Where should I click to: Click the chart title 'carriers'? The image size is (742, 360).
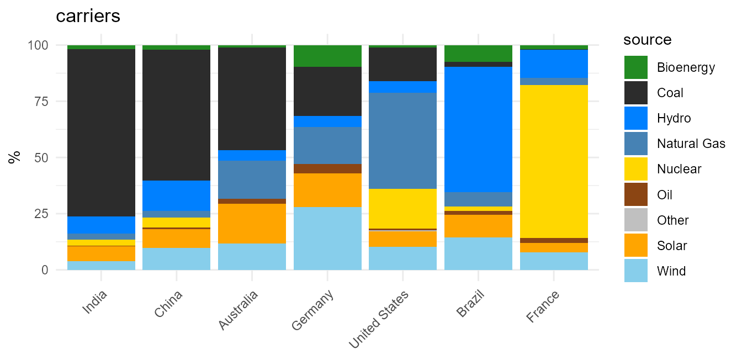[88, 16]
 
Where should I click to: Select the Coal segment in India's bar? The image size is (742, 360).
[101, 133]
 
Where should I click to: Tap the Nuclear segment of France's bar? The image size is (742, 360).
[554, 161]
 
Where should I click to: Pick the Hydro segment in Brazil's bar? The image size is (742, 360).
[478, 130]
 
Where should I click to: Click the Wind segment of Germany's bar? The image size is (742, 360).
[327, 239]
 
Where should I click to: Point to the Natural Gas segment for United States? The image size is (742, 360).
[403, 141]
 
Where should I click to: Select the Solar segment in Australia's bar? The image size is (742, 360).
[252, 224]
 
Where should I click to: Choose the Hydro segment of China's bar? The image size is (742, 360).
[177, 195]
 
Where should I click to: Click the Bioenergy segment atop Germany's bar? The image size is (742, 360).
[327, 56]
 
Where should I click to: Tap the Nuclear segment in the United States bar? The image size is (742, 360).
[403, 209]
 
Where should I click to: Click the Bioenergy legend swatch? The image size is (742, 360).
[635, 67]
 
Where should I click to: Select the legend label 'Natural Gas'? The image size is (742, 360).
[691, 144]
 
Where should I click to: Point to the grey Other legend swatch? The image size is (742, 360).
[635, 220]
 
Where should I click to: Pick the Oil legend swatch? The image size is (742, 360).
[635, 194]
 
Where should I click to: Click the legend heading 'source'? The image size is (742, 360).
[647, 40]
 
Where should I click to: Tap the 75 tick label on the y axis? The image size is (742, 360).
[41, 102]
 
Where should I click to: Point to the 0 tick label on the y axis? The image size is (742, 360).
[45, 270]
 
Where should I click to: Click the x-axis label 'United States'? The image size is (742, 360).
[379, 320]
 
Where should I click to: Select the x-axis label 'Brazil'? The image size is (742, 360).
[470, 303]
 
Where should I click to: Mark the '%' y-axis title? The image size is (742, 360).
[14, 157]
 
